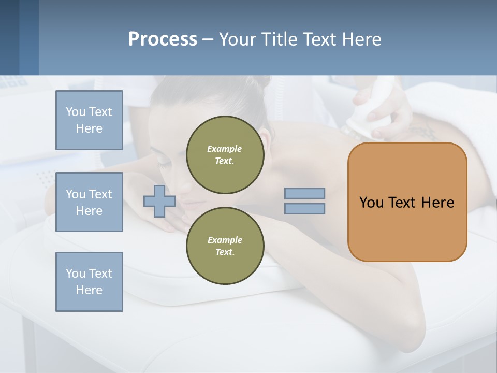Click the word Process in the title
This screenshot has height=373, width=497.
pos(163,39)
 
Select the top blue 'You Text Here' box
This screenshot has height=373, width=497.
pos(89,120)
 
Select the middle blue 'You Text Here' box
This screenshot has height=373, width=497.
pos(89,202)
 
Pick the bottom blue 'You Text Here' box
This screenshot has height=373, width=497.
pos(89,282)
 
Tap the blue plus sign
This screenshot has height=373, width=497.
pos(159,201)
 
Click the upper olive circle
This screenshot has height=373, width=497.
pos(225,154)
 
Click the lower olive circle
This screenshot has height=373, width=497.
pos(225,246)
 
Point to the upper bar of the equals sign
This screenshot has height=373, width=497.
pos(304,193)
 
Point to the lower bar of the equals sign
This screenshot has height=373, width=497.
pos(304,209)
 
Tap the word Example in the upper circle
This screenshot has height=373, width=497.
pos(225,149)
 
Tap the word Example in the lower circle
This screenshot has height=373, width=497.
pos(225,240)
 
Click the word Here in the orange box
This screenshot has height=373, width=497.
pos(438,203)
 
